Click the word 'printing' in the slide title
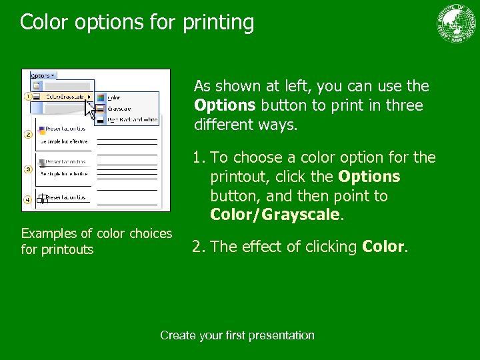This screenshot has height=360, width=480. pos(216,23)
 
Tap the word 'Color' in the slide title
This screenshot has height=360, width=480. pos(45,23)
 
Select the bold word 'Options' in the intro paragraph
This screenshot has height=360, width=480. pos(225,105)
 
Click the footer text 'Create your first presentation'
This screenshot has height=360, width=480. pos(237,335)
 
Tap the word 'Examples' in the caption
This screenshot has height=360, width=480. pos(50,233)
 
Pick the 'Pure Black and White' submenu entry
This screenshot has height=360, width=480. pos(132,119)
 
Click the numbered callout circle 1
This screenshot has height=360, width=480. pos(28,97)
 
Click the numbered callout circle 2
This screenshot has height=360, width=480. pos(28,134)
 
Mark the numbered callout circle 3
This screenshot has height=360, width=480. pos(28,169)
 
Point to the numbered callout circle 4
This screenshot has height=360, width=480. pos(28,199)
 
